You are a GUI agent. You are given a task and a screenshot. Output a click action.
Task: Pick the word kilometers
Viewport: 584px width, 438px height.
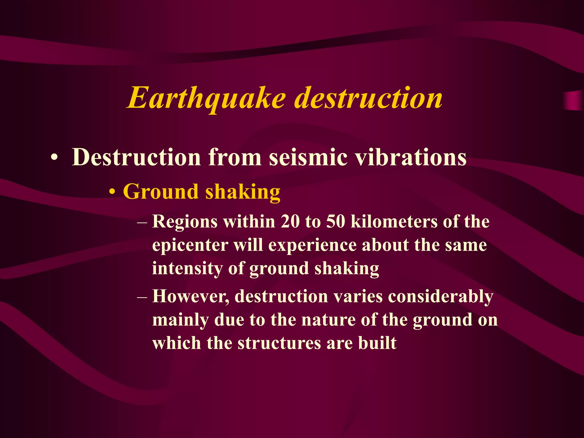point(394,222)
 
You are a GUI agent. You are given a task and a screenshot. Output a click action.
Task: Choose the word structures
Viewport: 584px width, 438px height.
point(279,343)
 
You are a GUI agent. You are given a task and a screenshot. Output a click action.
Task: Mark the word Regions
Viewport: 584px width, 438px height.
point(185,222)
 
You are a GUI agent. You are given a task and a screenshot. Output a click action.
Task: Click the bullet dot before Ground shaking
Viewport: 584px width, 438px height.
point(113,192)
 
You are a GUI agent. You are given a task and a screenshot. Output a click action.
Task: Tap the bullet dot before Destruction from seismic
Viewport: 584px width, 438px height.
point(54,158)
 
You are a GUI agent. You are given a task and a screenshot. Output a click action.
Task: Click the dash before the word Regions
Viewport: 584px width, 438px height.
point(142,222)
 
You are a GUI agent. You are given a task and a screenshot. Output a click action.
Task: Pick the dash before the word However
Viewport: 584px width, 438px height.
point(142,297)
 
